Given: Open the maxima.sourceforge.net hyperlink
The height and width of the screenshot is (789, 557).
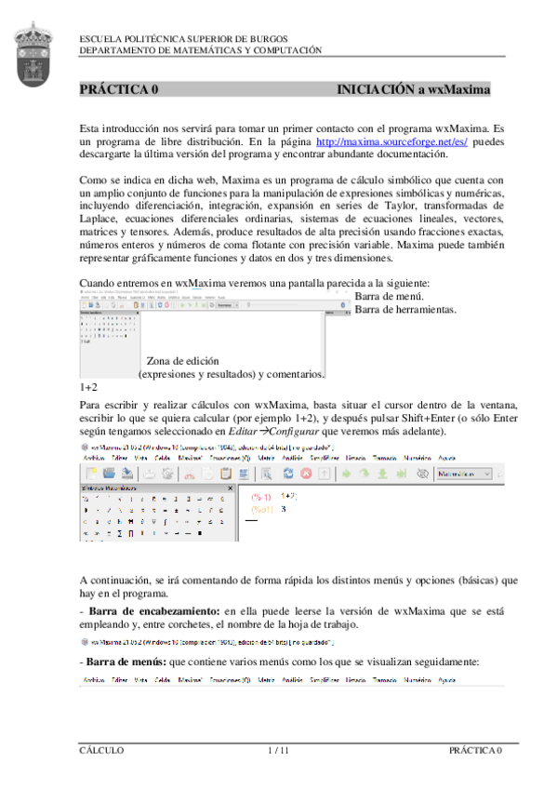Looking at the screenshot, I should (391, 141).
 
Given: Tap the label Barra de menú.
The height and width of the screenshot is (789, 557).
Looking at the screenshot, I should (390, 297).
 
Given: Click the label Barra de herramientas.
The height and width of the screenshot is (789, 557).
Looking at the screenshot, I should (404, 309).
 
